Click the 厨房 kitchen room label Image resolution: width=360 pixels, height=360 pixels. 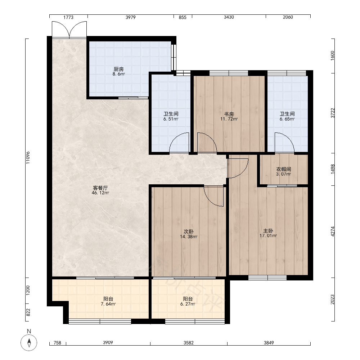click(x=119, y=69)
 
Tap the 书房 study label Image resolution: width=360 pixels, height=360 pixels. click(x=229, y=114)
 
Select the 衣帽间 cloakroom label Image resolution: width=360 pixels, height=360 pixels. click(x=284, y=169)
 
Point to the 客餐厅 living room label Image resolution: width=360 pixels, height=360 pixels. click(x=100, y=188)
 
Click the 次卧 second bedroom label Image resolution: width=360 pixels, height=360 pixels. click(x=189, y=231)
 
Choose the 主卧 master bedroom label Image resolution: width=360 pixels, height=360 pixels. click(x=268, y=231)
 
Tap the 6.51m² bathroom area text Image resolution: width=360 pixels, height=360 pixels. click(x=171, y=119)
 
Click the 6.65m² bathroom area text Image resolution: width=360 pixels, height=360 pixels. click(x=287, y=119)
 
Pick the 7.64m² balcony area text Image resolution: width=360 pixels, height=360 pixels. click(x=108, y=304)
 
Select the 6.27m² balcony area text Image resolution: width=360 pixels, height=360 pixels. click(x=188, y=304)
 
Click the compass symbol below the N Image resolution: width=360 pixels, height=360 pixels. click(x=29, y=343)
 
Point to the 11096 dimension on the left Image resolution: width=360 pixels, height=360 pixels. click(x=28, y=158)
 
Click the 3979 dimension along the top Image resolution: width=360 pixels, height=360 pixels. click(x=130, y=17)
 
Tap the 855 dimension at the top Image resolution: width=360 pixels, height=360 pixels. click(x=183, y=17)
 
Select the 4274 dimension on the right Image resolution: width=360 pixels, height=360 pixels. click(x=333, y=231)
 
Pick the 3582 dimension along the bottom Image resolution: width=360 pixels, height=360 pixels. click(x=189, y=343)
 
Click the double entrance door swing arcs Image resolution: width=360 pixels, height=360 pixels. click(x=69, y=30)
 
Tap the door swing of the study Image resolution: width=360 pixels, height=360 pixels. click(x=207, y=142)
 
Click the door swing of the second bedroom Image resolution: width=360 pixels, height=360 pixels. click(x=213, y=196)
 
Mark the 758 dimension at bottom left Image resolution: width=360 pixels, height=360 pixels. click(x=57, y=343)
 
